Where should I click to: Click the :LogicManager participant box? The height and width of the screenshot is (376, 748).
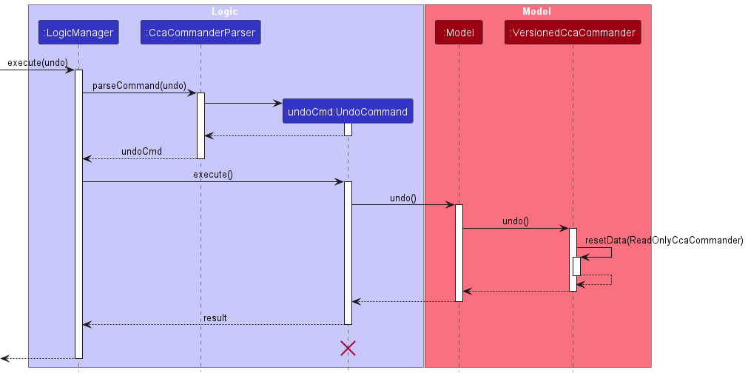point(78,33)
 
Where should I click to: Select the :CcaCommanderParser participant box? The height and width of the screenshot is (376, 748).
point(201,33)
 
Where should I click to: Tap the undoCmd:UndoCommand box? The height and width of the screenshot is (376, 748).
point(348,112)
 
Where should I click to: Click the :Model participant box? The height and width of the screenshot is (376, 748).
point(459,33)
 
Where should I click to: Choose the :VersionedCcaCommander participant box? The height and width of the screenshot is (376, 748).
point(573,33)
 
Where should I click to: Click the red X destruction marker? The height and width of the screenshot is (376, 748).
point(348,348)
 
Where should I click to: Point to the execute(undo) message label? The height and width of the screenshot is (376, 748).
point(37,63)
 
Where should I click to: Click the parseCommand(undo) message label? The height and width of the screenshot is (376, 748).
point(139,86)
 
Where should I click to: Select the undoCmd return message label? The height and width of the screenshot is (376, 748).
point(141,152)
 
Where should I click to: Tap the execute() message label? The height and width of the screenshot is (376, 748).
point(213,175)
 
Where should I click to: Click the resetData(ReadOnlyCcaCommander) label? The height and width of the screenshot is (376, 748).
point(664,241)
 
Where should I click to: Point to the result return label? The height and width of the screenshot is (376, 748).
point(215,318)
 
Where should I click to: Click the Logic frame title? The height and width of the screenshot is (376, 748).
point(225,12)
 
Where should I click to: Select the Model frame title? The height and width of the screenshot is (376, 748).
point(536,12)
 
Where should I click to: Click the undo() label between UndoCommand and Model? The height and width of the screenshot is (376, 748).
point(403,198)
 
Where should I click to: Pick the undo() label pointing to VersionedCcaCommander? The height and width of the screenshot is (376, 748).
point(516,221)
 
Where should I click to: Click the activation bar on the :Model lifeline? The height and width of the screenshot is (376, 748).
point(459,252)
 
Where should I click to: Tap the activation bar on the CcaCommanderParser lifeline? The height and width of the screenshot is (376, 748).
point(201,125)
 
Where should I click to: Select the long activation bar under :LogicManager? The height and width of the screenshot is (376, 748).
point(78,214)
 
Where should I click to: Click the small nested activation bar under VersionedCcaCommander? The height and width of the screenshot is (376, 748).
point(576,266)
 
